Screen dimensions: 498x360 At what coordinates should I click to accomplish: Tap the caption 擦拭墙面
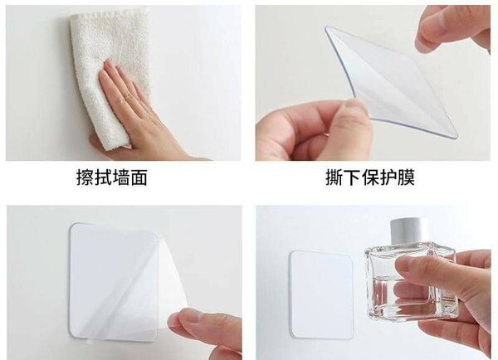112,178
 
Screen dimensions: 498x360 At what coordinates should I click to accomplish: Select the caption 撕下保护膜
370,178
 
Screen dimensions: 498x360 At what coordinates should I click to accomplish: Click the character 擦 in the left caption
85,178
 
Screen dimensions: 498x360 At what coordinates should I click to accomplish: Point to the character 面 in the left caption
139,178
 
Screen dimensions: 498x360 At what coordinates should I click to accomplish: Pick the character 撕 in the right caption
334,178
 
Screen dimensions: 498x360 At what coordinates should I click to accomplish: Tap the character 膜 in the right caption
406,178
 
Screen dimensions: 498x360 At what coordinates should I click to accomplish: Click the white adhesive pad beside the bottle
321,294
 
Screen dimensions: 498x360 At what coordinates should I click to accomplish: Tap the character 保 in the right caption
370,178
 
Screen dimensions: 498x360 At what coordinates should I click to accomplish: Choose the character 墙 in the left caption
120,178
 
